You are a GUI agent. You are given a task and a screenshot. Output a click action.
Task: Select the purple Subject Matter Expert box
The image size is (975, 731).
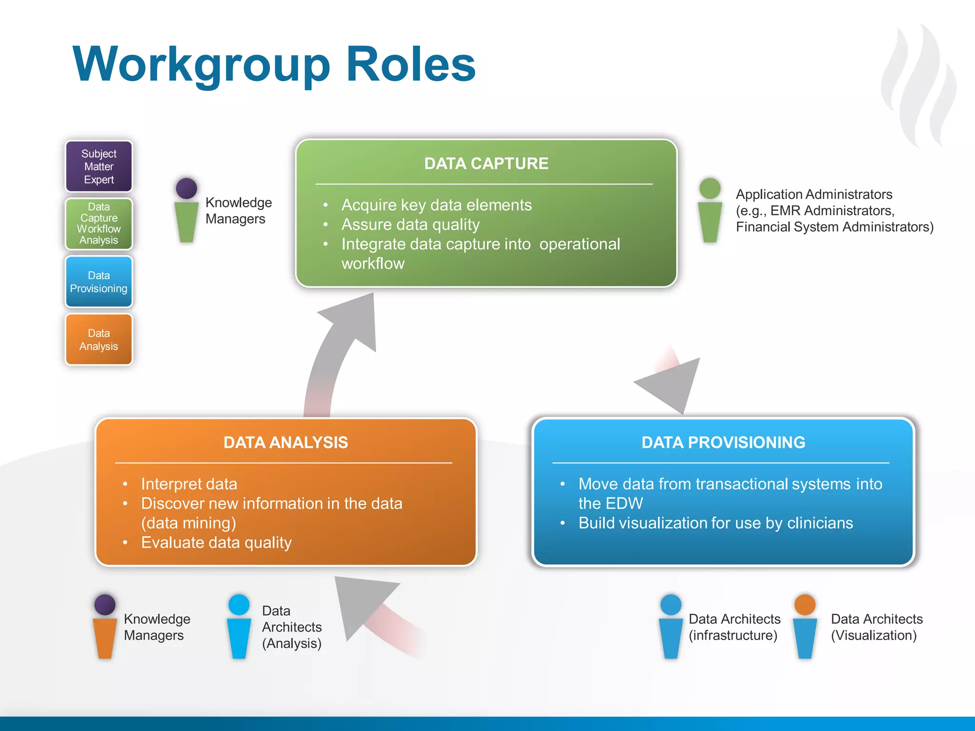[x=99, y=167]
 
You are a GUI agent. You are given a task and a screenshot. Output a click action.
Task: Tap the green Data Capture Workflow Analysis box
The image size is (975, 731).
[x=99, y=224]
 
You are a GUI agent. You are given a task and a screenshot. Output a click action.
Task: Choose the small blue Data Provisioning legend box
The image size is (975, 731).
[x=99, y=282]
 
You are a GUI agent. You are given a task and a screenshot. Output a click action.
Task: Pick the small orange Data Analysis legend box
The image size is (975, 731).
[x=99, y=340]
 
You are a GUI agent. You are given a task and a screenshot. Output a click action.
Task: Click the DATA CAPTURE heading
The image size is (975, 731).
[x=486, y=163]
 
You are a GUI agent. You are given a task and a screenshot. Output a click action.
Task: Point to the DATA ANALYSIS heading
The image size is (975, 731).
[x=286, y=442]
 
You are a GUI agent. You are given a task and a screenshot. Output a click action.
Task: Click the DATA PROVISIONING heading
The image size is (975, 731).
[x=723, y=442]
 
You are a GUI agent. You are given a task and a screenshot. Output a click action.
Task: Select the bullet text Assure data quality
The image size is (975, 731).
[x=410, y=224]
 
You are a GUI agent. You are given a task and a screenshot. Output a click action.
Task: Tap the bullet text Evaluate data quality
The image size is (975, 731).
[x=216, y=542]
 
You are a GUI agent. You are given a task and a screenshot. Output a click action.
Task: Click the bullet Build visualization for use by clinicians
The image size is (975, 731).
[x=715, y=523]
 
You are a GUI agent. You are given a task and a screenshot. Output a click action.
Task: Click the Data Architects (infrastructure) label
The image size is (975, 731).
[x=734, y=627]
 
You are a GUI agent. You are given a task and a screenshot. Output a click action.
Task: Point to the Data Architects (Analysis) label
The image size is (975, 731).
[x=291, y=627]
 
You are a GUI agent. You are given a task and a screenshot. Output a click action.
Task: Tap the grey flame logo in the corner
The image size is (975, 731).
[x=919, y=86]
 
